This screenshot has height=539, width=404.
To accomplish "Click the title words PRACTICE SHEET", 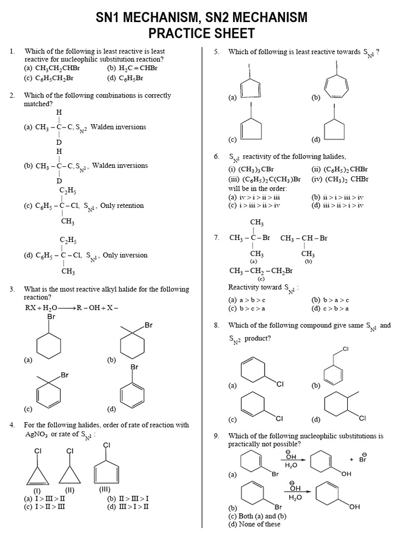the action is [201, 34].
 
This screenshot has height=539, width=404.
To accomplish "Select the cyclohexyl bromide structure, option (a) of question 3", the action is [51, 342].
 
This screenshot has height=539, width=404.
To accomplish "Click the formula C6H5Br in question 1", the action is [132, 78].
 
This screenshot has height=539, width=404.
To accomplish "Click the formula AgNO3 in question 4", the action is [36, 434].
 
